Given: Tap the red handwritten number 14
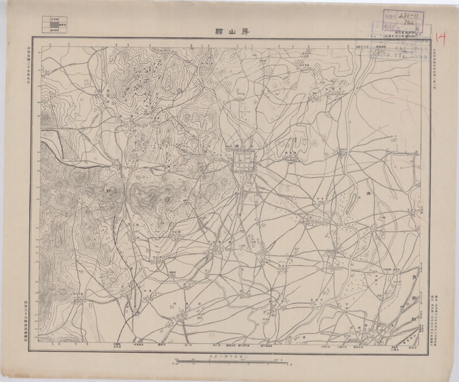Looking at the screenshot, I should tap(441, 38).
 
